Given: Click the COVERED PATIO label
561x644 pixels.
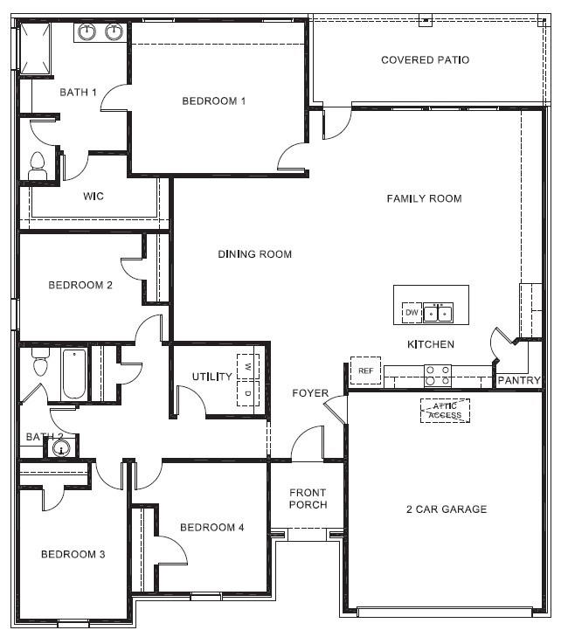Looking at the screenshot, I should click(x=425, y=60).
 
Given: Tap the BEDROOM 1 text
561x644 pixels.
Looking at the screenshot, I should click(x=213, y=101).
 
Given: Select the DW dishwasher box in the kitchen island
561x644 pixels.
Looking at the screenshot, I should click(x=411, y=312).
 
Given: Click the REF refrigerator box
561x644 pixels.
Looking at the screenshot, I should click(x=366, y=370).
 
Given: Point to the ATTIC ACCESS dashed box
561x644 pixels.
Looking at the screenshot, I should click(x=445, y=410).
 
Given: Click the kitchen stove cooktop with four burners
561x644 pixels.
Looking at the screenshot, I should click(x=437, y=376).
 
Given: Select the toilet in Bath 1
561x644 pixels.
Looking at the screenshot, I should click(x=37, y=167).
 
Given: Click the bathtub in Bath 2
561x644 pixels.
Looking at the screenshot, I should click(x=74, y=374).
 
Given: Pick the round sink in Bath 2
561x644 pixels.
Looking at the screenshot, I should click(x=60, y=449).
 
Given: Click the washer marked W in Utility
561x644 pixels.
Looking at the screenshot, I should click(x=248, y=365).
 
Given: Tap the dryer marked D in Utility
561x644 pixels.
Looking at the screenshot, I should click(x=248, y=393).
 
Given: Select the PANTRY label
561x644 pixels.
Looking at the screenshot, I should click(x=519, y=381).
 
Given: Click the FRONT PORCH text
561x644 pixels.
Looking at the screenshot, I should click(x=308, y=499).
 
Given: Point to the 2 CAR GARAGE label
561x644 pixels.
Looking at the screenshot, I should click(x=447, y=509).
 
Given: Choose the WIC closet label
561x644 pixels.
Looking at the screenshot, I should click(x=93, y=197).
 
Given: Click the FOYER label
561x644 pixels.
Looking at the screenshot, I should click(x=309, y=394).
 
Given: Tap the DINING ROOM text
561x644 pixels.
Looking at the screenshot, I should click(x=254, y=254).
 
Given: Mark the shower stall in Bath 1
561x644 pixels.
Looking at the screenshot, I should click(x=35, y=50).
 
